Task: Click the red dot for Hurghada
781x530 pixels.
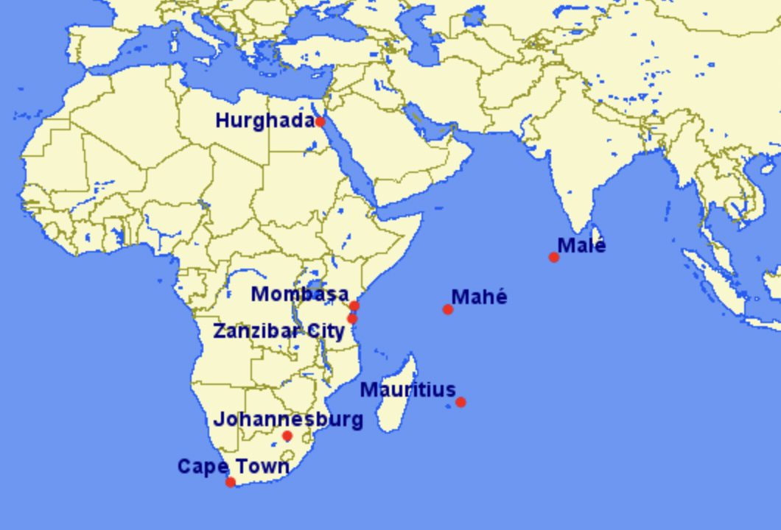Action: point(320,121)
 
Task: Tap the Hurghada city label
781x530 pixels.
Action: point(265,121)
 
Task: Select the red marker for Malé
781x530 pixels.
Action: point(554,257)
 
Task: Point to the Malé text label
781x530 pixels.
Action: point(581,245)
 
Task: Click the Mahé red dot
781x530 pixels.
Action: point(448,309)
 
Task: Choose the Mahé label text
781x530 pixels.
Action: point(479,297)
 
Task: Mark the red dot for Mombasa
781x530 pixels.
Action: point(354,305)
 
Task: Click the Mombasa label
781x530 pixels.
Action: point(299,294)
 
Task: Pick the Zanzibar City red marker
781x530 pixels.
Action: point(352,319)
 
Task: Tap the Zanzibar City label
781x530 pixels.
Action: point(279,331)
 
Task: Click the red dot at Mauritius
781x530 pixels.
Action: point(460,402)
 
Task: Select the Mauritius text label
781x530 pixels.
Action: point(407,389)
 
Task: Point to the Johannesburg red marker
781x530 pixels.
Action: point(287,436)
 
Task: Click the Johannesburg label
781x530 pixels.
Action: point(288,420)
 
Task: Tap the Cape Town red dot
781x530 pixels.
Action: point(231,482)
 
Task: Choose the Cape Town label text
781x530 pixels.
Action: point(233,467)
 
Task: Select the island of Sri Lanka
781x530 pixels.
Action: point(597,235)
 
